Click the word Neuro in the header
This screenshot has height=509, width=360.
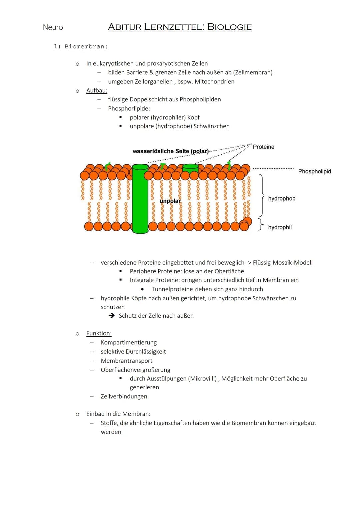[x=53, y=27]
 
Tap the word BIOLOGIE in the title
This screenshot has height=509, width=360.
[x=229, y=27]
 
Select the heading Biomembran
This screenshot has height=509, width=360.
[x=86, y=47]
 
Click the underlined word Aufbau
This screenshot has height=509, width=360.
[x=97, y=91]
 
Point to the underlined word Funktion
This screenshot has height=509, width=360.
[x=99, y=333]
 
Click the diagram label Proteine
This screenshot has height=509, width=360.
[x=263, y=147]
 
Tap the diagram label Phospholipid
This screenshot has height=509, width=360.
[x=314, y=171]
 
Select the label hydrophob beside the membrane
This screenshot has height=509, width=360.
[x=282, y=199]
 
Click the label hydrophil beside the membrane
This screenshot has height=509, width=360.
[x=280, y=227]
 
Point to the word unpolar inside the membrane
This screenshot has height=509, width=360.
[x=170, y=201]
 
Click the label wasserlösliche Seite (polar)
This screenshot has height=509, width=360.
[x=171, y=151]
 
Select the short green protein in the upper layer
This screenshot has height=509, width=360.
[x=190, y=168]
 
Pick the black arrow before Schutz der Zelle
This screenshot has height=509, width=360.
[x=112, y=316]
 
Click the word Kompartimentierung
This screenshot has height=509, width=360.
[x=129, y=342]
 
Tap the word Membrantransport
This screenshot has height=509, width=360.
[x=126, y=361]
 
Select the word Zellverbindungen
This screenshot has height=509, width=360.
[x=124, y=396]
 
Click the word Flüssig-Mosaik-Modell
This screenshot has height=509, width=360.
[x=283, y=263]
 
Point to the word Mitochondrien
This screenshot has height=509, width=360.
[x=214, y=82]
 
